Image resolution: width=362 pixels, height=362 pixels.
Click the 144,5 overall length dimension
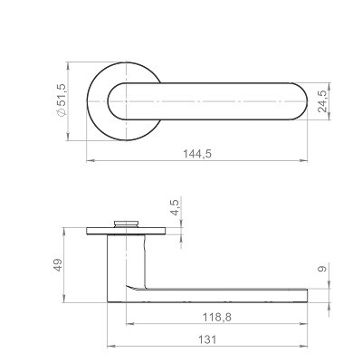[x=197, y=154]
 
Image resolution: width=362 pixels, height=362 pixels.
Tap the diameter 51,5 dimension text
[x=61, y=100]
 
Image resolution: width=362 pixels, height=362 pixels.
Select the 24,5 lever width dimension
[x=322, y=101]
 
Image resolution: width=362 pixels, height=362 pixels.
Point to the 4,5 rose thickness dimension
[x=175, y=207]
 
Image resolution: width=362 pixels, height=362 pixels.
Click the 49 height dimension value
[x=58, y=265]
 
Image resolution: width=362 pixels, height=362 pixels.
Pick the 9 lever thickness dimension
[x=322, y=269]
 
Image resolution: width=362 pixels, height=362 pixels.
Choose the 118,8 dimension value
[x=217, y=317]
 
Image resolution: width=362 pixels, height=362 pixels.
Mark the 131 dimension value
[x=207, y=339]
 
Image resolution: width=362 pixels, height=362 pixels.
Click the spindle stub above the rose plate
[x=126, y=224]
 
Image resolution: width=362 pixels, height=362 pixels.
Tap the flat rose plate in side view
[x=126, y=231]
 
